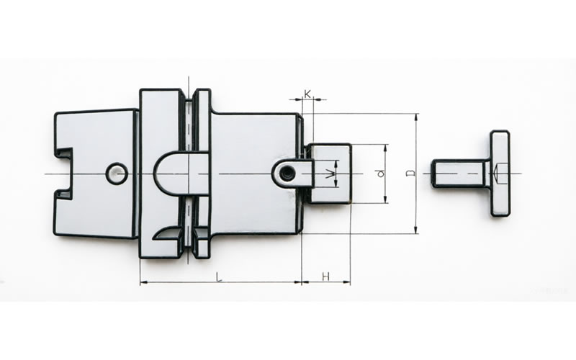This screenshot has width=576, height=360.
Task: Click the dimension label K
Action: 307,94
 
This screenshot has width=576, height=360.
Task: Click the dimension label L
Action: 219,276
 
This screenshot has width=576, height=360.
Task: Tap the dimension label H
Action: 325,276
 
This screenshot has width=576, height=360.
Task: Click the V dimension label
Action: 331,174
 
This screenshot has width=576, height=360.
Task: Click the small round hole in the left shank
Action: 117,173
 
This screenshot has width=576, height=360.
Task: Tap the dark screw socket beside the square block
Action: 286,173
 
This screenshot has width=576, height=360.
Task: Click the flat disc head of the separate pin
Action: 500,173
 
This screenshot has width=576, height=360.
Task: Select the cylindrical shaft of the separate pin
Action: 460,174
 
